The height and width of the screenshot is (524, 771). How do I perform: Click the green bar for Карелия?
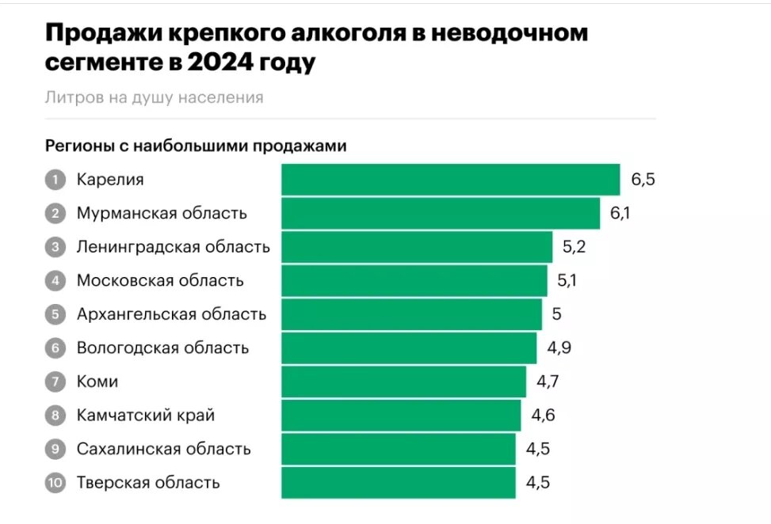click(x=450, y=180)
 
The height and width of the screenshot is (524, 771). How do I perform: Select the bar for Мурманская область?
click(x=441, y=213)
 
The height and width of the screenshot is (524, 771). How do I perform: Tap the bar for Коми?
click(x=403, y=382)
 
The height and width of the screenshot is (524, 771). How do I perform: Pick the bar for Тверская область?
click(x=398, y=482)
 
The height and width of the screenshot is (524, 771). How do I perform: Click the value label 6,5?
click(x=643, y=180)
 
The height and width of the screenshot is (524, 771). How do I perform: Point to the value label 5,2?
click(x=574, y=247)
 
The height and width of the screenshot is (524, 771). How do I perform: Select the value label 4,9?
click(x=558, y=347)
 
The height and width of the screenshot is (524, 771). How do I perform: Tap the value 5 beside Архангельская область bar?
click(x=556, y=314)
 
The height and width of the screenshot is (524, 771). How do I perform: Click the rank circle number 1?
click(x=55, y=180)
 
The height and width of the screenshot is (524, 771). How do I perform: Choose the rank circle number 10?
click(x=55, y=482)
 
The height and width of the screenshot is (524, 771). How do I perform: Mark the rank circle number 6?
click(x=55, y=347)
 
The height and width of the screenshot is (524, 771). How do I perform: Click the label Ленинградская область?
click(x=173, y=247)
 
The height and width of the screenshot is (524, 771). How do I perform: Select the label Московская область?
click(x=160, y=280)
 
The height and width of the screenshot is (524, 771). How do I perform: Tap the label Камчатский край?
click(x=146, y=415)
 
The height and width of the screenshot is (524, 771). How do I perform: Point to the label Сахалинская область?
click(x=163, y=449)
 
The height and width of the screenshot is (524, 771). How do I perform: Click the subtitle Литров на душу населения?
click(x=154, y=97)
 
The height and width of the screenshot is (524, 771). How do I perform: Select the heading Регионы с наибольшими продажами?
click(x=196, y=146)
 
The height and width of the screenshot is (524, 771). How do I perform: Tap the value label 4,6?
click(x=543, y=415)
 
